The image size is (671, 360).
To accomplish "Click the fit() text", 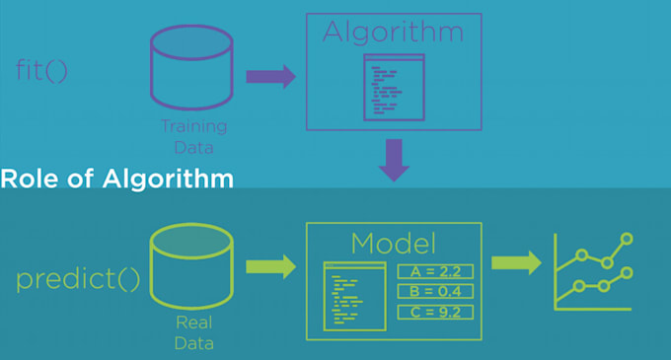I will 42,72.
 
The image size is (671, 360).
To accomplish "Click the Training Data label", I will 193,136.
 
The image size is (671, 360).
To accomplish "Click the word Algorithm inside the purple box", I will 394,32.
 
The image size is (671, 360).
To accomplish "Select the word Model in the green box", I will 394,243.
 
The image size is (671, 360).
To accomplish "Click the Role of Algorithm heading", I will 117,180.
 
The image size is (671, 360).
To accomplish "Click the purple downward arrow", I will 395,160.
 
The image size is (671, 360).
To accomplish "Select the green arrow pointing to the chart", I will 516,262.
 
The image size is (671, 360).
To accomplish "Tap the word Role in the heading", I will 26,180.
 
